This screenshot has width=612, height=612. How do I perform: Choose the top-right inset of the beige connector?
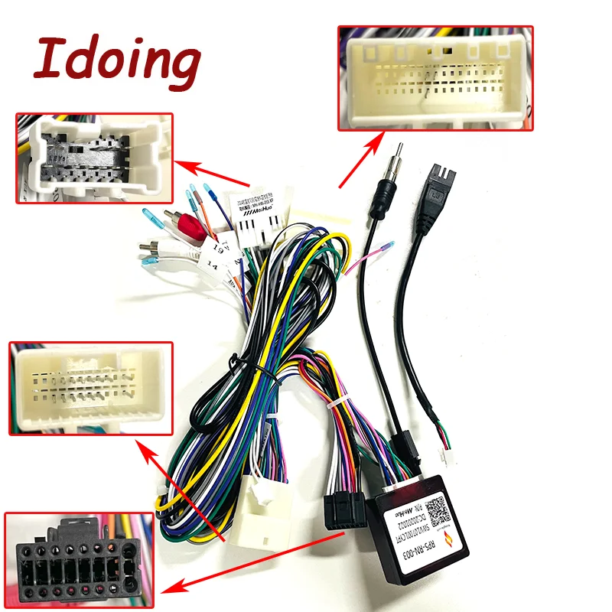[x=435, y=76]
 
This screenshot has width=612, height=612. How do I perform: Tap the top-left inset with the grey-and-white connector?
[x=95, y=158]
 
